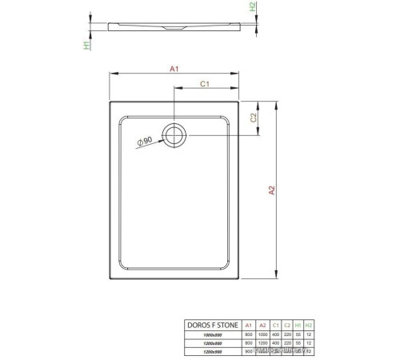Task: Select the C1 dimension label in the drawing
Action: pos(204,83)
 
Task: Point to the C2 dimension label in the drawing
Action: pos(254,118)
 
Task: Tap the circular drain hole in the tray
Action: pos(174,134)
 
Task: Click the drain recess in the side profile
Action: pos(175,31)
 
